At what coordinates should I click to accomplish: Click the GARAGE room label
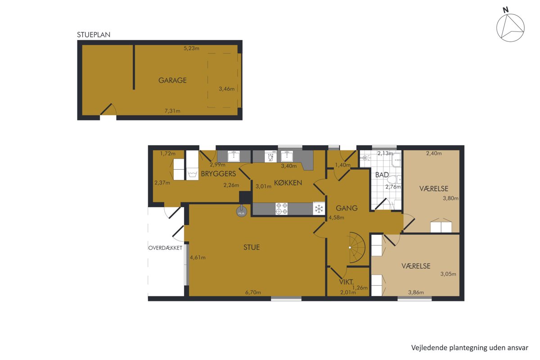point(172,80)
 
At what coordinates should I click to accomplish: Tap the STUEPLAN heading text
point(94,35)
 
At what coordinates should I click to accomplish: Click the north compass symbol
point(510,27)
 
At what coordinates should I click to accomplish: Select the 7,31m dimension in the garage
point(172,111)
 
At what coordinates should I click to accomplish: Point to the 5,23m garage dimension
point(191,48)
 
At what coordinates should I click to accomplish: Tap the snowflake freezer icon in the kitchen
point(319,208)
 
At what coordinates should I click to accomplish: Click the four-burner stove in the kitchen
point(282,208)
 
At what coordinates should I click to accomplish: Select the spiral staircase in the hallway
point(357,247)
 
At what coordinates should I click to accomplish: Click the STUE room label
point(252,247)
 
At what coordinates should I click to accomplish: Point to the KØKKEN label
point(288,183)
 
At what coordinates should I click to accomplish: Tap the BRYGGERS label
point(218,174)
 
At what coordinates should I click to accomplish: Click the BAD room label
point(382,175)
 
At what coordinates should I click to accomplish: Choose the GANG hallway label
point(346,208)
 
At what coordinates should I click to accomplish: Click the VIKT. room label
point(346,282)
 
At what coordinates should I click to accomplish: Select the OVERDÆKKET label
point(166,248)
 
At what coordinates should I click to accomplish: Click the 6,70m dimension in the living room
point(253,292)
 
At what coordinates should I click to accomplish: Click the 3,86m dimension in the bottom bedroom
point(416,292)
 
